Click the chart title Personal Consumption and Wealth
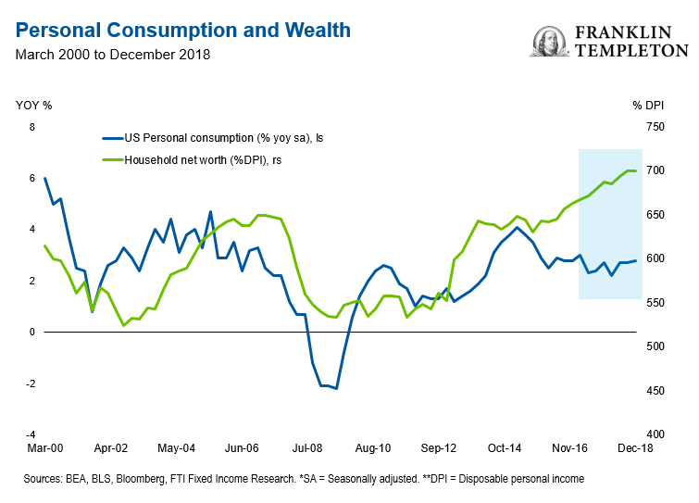click(183, 30)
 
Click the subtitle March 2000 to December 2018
click(113, 54)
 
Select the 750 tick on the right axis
click(655, 127)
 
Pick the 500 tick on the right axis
click(655, 346)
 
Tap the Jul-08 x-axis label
click(306, 447)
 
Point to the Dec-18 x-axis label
click(635, 447)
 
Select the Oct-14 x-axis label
click(506, 447)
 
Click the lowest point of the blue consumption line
click(336, 388)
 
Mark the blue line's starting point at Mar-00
click(44, 178)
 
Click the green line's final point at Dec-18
click(635, 170)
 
